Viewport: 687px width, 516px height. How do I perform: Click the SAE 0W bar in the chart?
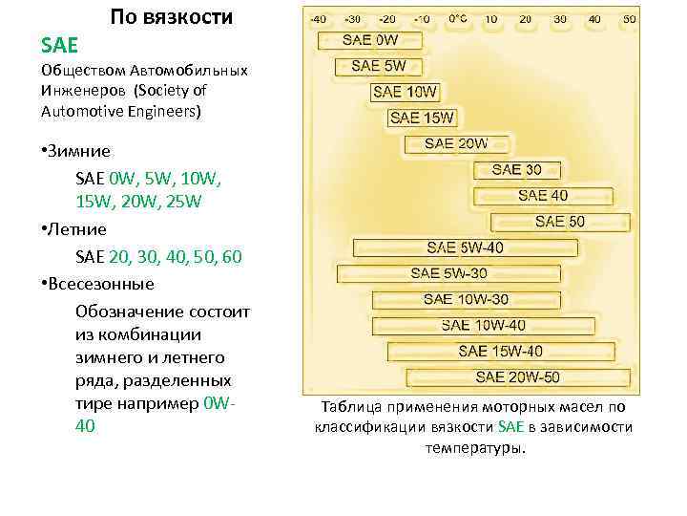[370, 40]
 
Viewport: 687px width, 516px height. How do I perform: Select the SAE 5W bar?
[378, 66]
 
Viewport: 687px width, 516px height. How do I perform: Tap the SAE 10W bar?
[405, 92]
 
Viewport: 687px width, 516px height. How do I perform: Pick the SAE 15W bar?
[423, 118]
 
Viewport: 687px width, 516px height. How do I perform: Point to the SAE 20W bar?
[455, 143]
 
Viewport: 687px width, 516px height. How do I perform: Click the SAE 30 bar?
[516, 169]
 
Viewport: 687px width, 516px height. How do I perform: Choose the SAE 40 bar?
[542, 195]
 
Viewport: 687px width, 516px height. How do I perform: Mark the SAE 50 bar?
[560, 221]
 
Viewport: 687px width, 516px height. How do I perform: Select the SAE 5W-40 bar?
[465, 247]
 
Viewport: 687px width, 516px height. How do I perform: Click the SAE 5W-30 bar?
[448, 273]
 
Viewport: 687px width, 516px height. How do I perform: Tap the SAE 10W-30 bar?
[466, 299]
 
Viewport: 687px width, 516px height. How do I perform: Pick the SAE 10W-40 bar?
[483, 325]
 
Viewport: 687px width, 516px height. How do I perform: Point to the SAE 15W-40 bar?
[500, 351]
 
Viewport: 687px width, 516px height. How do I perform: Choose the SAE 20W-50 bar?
[517, 376]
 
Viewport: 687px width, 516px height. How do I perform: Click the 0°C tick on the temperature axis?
[458, 18]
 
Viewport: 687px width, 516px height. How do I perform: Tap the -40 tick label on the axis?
[318, 18]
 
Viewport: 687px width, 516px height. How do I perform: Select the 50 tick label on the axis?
[629, 18]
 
